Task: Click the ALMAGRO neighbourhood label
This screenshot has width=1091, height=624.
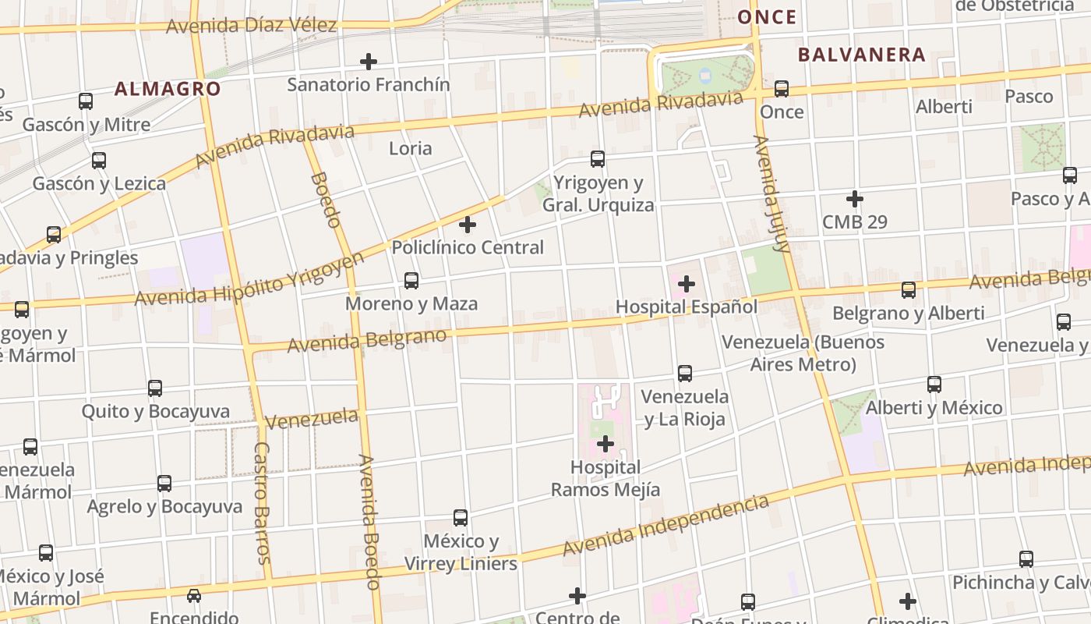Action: tap(168, 89)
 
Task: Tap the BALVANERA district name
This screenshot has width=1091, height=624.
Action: tap(861, 55)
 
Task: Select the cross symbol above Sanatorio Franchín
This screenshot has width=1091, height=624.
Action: tap(369, 61)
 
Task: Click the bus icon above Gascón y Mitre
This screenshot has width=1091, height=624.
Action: tap(86, 101)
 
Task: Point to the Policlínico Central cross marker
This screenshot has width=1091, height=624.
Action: tap(468, 225)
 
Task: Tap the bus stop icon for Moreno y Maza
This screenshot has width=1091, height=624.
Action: tap(411, 281)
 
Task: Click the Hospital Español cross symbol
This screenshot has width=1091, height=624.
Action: tap(687, 284)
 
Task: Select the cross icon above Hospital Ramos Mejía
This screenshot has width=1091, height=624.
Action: tap(606, 445)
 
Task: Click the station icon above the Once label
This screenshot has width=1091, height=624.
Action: tap(782, 89)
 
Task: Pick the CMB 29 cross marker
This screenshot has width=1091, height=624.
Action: tap(855, 199)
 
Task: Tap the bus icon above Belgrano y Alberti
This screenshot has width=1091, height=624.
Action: tap(909, 290)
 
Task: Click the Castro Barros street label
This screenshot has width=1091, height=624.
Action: tap(263, 503)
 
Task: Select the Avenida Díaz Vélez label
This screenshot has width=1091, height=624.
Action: tap(251, 26)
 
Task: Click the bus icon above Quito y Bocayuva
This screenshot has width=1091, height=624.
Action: tap(155, 388)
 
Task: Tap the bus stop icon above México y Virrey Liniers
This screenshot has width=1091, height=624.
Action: tap(461, 518)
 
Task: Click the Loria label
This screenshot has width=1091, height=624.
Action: tap(410, 148)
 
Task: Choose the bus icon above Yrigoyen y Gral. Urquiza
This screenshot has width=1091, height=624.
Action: tap(598, 159)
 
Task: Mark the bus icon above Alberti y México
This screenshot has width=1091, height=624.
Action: tap(934, 384)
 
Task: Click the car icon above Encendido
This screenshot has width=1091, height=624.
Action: tap(194, 596)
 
